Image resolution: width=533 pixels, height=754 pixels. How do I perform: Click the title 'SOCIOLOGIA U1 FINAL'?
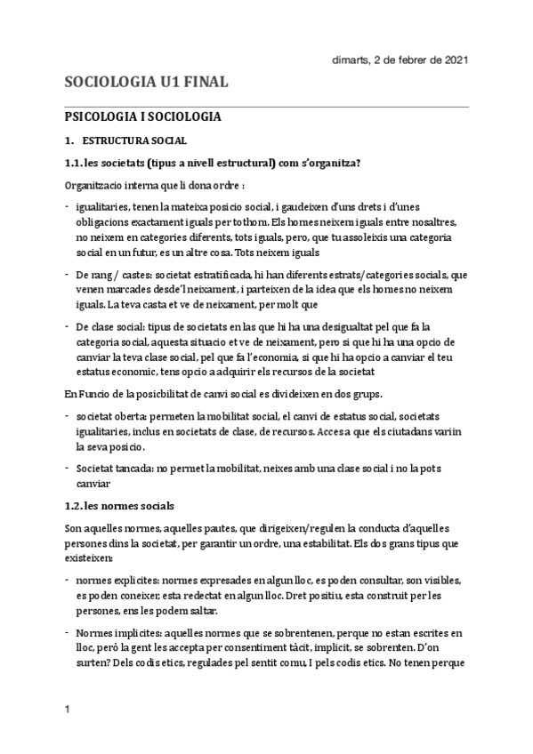147,83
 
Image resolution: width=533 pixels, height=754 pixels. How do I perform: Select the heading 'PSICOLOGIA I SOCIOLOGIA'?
143,116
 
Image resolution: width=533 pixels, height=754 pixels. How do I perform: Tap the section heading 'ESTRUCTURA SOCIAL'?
134,140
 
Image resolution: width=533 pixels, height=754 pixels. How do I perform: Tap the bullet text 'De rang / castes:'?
113,277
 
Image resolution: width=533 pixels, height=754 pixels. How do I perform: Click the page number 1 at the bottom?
67,709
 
